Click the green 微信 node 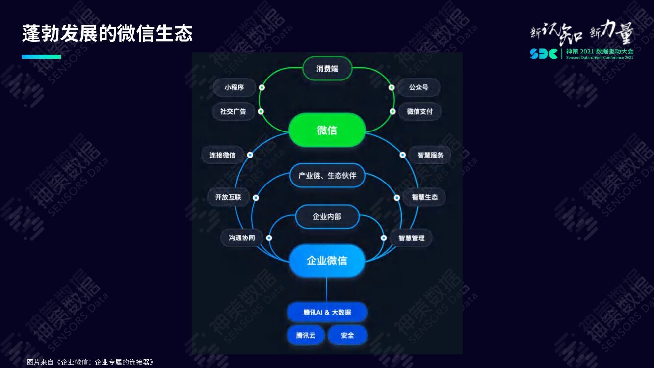[327, 131]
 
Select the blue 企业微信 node [327, 261]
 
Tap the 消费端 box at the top [327, 69]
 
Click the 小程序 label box [234, 87]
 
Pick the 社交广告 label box [233, 111]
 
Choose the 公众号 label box [419, 87]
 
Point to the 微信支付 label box [419, 111]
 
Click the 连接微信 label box [222, 155]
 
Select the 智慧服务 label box [430, 155]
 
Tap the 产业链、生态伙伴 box [327, 175]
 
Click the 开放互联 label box [228, 197]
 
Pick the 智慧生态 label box [424, 197]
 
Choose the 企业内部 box [327, 216]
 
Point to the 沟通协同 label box [241, 238]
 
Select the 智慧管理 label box [411, 238]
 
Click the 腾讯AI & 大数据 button [327, 312]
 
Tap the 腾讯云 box [306, 336]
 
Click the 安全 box [347, 336]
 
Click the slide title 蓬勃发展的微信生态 [107, 34]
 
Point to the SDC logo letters [544, 53]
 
